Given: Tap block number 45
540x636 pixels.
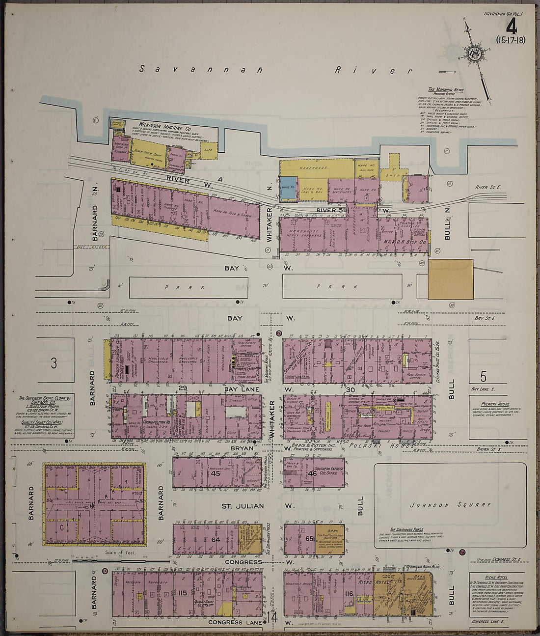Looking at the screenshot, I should [x=215, y=473].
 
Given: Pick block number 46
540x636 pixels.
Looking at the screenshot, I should [x=313, y=473].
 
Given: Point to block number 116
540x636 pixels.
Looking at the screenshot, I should [x=349, y=593].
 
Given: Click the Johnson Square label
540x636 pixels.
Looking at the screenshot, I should [x=450, y=504].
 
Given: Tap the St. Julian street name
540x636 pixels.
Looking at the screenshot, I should [x=243, y=506].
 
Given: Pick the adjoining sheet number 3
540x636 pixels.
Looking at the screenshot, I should [x=54, y=363].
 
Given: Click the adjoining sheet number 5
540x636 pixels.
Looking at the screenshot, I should [x=483, y=377].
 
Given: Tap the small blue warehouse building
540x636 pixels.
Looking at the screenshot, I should [x=288, y=188].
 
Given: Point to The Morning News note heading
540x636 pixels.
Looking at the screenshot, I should [x=445, y=89].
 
